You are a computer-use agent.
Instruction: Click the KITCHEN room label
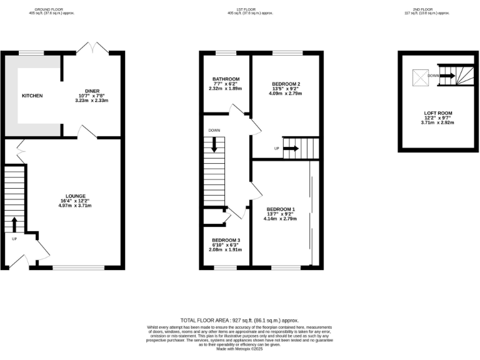[x=32, y=96]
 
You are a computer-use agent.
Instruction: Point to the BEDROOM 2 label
[x=286, y=84]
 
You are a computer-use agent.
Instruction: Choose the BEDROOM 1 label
[x=280, y=209]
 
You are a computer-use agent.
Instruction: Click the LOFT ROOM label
[x=437, y=113]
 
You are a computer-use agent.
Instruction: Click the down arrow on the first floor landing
[x=214, y=144]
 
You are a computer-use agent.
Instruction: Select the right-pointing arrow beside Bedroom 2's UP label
[x=291, y=149]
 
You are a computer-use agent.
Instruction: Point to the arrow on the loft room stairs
[x=446, y=76]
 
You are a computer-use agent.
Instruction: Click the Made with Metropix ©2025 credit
[x=239, y=347]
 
